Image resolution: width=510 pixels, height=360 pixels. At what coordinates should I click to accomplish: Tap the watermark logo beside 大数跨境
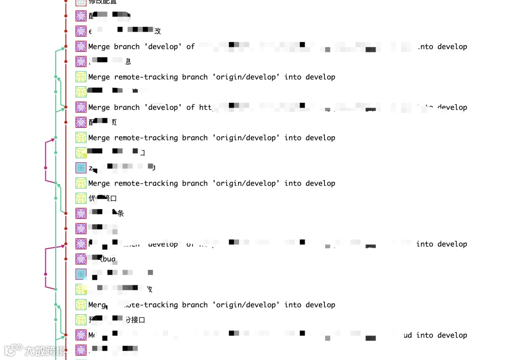[x=13, y=350]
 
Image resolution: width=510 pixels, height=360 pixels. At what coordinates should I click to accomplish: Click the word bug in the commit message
[x=109, y=259]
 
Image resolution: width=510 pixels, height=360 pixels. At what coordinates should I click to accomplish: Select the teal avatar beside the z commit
[x=81, y=168]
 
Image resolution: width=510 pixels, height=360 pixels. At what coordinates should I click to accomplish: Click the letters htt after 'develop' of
[x=205, y=108]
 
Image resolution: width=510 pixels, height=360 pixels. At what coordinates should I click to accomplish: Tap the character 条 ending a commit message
[x=120, y=213]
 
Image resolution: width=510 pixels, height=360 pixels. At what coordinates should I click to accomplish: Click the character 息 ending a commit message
[x=128, y=62]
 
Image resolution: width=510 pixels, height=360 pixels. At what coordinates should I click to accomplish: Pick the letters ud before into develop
[x=408, y=335]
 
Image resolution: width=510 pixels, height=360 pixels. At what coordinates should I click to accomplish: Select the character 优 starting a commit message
[x=92, y=198]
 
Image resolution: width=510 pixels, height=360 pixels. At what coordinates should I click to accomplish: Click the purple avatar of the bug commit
[x=81, y=259]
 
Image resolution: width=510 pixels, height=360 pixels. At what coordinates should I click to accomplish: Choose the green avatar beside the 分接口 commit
[x=81, y=320]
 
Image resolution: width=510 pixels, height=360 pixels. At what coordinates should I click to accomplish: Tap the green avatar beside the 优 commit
[x=81, y=198]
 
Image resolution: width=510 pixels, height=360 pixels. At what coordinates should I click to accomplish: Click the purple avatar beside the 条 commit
[x=81, y=213]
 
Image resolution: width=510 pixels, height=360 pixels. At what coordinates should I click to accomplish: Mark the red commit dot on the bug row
[x=66, y=259]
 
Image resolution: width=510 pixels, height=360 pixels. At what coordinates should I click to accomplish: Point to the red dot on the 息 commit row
[x=66, y=62]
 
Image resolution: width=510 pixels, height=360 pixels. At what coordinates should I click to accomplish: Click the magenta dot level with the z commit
[x=45, y=167]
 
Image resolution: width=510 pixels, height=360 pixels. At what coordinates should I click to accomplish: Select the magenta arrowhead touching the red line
[x=63, y=246]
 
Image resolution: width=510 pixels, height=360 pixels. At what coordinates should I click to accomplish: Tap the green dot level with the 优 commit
[x=56, y=198]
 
